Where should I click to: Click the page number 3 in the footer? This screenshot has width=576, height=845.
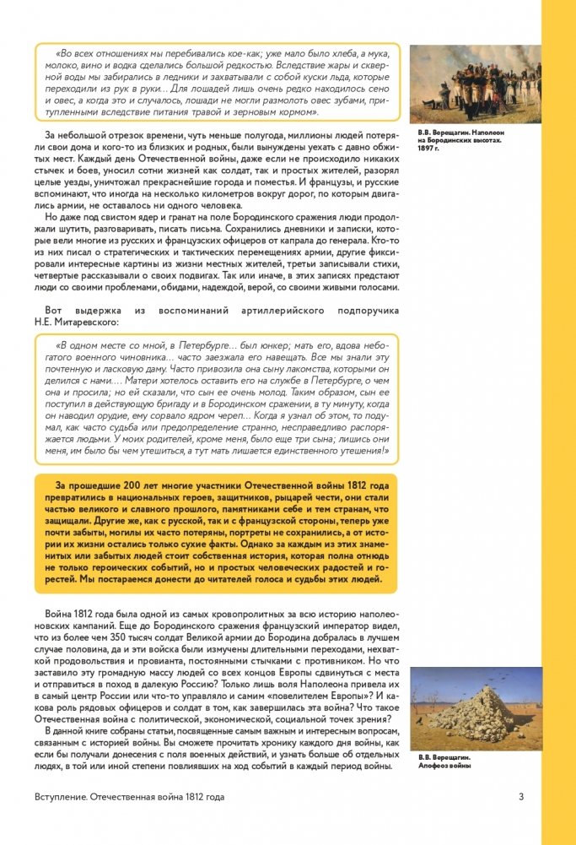[521, 796]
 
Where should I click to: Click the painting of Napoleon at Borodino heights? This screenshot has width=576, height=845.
[475, 84]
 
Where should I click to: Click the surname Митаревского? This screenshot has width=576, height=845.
[90, 321]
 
